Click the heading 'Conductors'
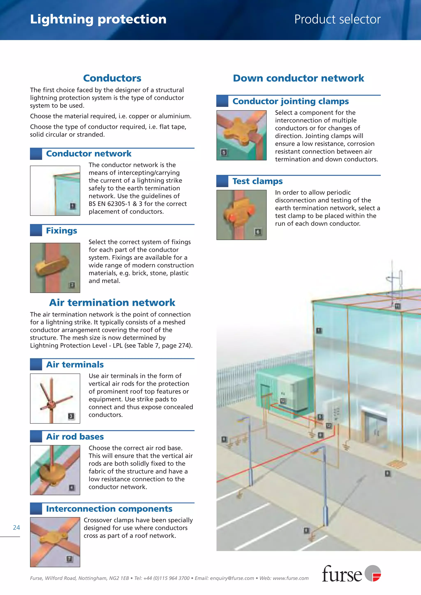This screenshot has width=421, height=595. tap(112, 78)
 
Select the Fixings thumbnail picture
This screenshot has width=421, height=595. tap(55, 268)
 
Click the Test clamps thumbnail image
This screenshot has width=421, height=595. tap(241, 215)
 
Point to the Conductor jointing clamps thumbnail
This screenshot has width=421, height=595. tap(241, 135)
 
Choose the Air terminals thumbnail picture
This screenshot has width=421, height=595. tap(55, 398)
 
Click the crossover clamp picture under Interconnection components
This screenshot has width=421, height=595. tap(55, 542)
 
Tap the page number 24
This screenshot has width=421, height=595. tap(16, 527)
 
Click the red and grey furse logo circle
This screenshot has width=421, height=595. tap(373, 573)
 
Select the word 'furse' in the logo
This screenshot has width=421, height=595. tap(342, 574)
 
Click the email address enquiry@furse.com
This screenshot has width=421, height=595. tap(232, 578)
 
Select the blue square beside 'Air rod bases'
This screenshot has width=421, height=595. tap(36, 436)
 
